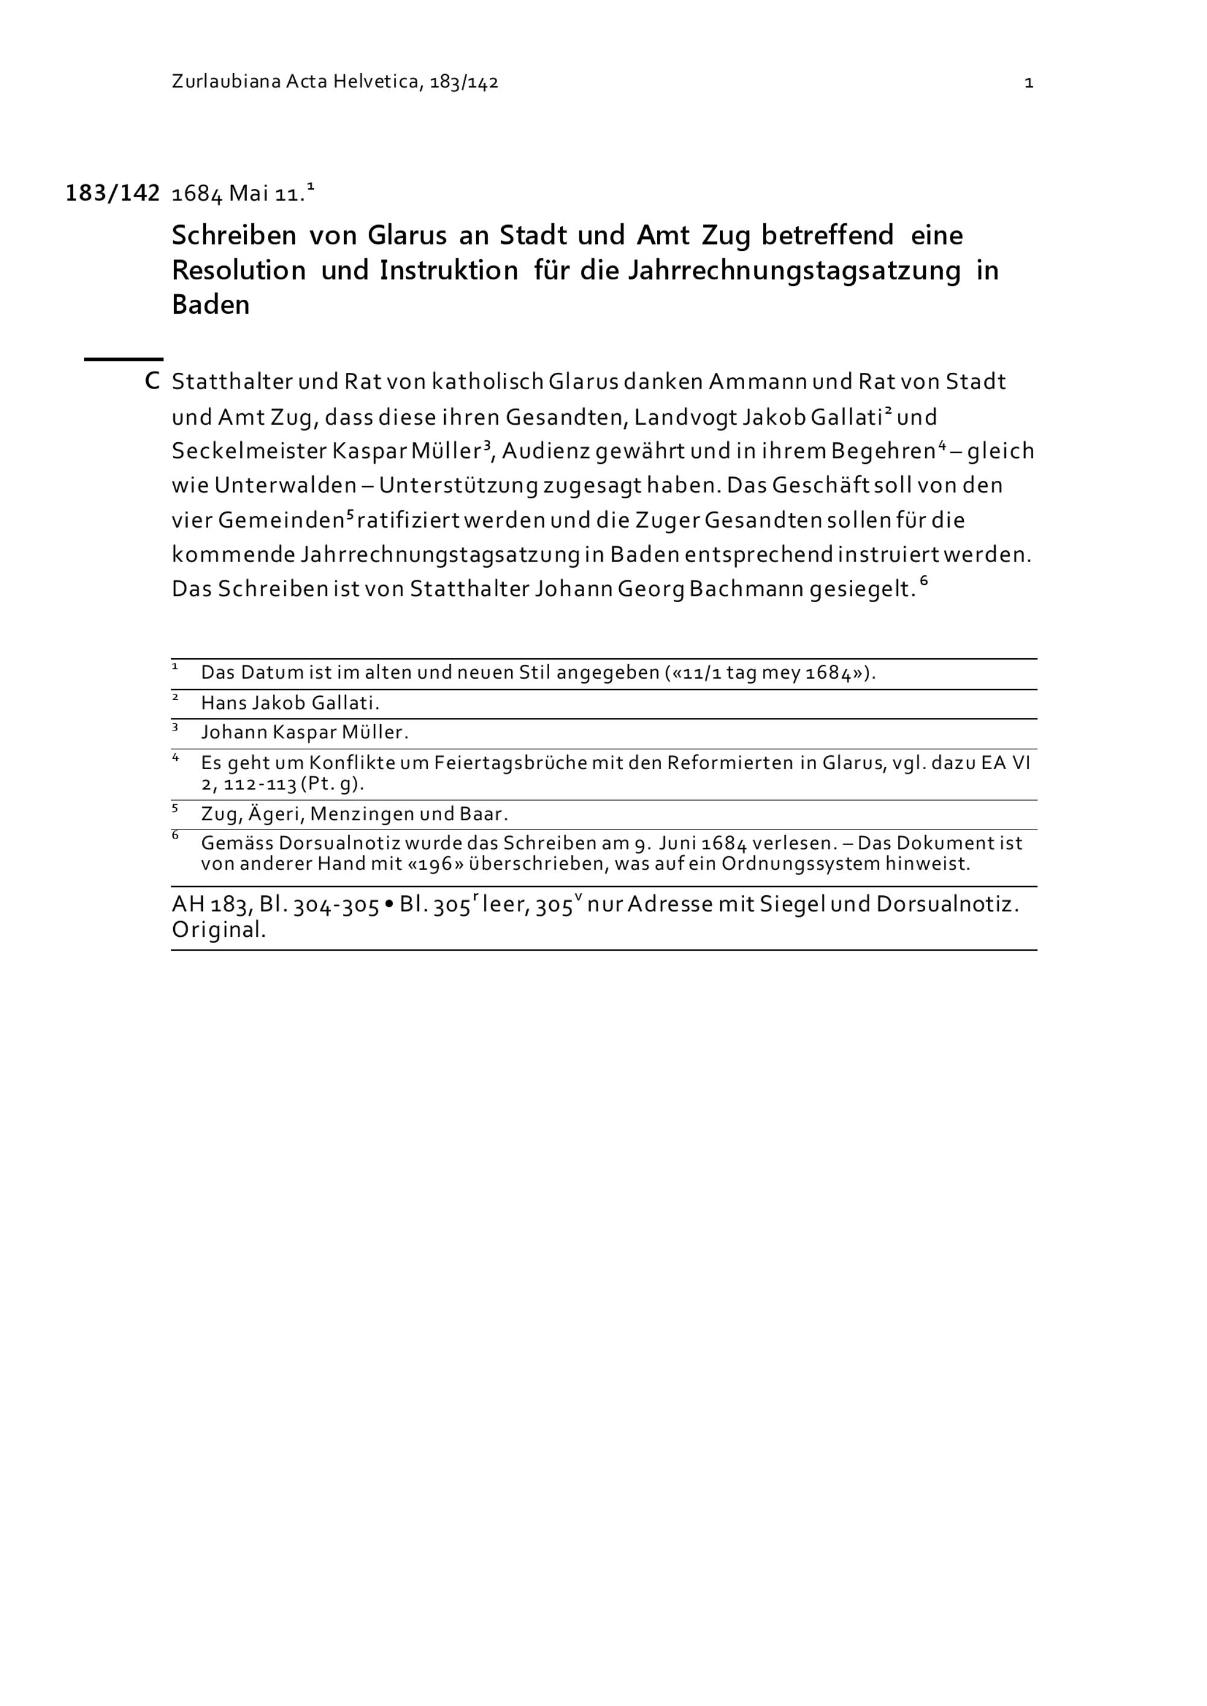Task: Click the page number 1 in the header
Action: tap(1028, 83)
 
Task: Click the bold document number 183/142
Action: tap(113, 194)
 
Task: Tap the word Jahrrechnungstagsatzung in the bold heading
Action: tap(795, 270)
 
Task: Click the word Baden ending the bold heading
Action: tap(211, 305)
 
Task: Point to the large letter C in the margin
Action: tap(152, 382)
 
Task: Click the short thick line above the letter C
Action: tap(123, 360)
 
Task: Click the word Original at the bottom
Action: tap(218, 930)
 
